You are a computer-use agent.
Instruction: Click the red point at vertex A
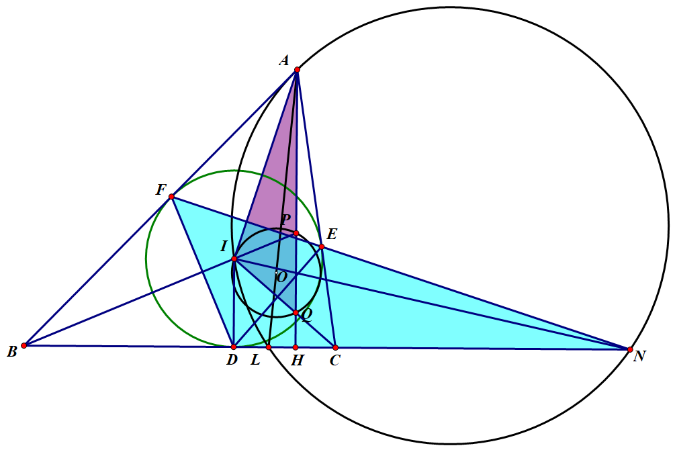click(297, 69)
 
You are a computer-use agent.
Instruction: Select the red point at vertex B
click(24, 345)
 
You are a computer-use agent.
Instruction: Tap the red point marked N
click(630, 349)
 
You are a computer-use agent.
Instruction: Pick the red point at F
click(172, 196)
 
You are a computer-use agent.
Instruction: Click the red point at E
click(322, 246)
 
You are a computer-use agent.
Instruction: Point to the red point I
click(234, 259)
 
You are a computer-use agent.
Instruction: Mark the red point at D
click(233, 347)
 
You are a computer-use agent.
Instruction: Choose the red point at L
click(269, 347)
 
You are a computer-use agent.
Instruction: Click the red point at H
click(296, 347)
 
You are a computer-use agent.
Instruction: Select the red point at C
click(335, 347)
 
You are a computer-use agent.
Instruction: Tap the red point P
click(296, 233)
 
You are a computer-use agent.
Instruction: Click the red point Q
click(296, 312)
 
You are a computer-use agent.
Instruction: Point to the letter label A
click(283, 61)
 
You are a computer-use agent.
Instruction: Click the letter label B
click(11, 352)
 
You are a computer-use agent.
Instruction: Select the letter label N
click(639, 357)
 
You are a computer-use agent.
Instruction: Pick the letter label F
click(161, 190)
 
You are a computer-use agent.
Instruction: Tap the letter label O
click(281, 276)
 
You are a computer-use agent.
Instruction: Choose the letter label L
click(255, 361)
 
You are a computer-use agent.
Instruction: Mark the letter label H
click(298, 361)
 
